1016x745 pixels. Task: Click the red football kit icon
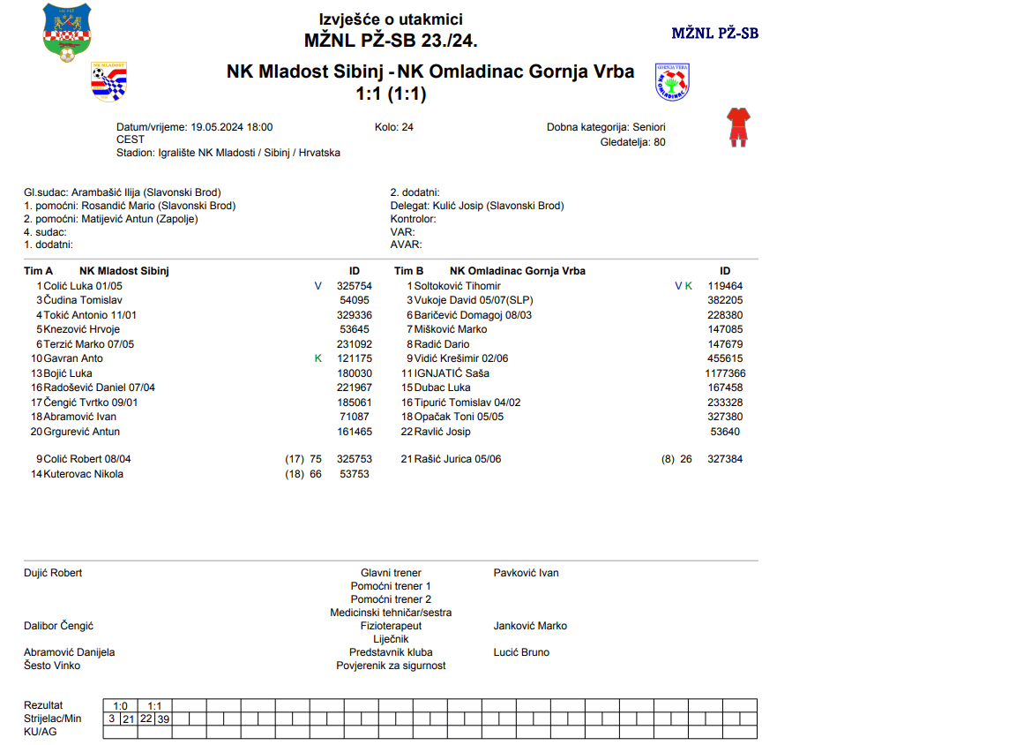[x=737, y=126]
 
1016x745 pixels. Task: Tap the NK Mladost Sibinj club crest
[x=109, y=82]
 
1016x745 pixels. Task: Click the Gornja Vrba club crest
[x=672, y=82]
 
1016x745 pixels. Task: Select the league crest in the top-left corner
[x=67, y=33]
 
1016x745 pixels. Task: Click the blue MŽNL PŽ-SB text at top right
[x=714, y=34]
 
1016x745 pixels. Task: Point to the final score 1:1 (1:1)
[x=391, y=94]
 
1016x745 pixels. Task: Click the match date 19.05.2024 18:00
[x=232, y=127]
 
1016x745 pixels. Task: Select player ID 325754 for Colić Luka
[x=355, y=286]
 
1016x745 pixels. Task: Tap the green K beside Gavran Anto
[x=318, y=358]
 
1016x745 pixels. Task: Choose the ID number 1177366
[x=725, y=373]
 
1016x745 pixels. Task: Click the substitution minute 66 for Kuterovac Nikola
[x=316, y=474]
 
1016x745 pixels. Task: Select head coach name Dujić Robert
[x=53, y=573]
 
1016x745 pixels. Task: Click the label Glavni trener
[x=391, y=573]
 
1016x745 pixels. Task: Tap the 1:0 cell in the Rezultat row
[x=121, y=706]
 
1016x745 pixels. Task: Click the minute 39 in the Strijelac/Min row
[x=163, y=719]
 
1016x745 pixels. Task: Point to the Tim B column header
[x=408, y=271]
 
